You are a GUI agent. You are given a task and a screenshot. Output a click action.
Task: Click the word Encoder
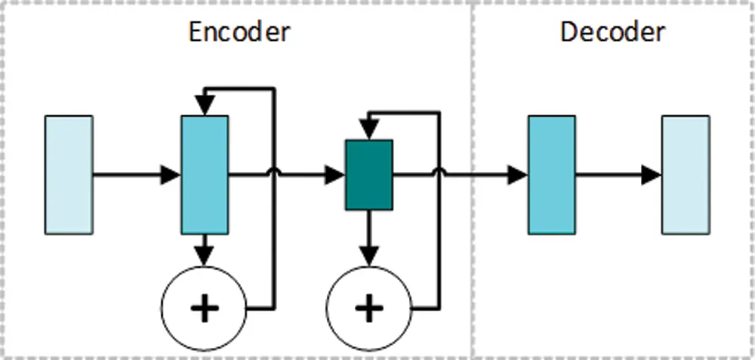[239, 32]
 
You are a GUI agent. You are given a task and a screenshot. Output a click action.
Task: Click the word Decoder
[612, 32]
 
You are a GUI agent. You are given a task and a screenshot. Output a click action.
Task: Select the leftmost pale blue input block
[69, 175]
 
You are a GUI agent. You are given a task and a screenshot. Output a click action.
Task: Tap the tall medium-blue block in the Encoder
[204, 175]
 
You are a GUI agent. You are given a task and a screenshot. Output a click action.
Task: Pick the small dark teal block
[368, 175]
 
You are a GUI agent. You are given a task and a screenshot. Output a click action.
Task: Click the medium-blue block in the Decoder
[551, 175]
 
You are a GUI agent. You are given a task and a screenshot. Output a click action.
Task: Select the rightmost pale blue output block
[686, 175]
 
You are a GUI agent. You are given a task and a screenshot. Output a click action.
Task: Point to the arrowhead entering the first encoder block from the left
[171, 176]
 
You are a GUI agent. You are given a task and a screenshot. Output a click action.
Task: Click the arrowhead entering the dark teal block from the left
[336, 176]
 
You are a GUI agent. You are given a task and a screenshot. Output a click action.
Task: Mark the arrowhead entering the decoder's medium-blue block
[518, 176]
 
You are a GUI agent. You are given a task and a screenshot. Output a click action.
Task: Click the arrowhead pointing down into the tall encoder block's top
[204, 107]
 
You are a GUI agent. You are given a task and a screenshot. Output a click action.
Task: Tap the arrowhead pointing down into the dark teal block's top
[368, 131]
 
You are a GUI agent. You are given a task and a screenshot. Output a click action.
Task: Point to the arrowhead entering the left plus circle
[204, 257]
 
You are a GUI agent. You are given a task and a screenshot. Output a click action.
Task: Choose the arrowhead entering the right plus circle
[368, 257]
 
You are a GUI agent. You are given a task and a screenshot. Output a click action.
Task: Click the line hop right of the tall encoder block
[273, 173]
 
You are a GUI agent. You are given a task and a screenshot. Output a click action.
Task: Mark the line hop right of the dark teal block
[438, 173]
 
